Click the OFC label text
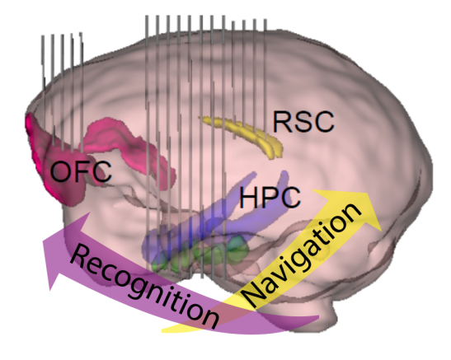pos(81,171)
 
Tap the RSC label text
pos(303,122)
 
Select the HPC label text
pos(270,197)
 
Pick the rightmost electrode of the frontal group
pos(82,92)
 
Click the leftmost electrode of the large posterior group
pos(148,143)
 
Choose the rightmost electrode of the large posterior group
pos(265,77)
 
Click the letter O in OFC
pos(61,171)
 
